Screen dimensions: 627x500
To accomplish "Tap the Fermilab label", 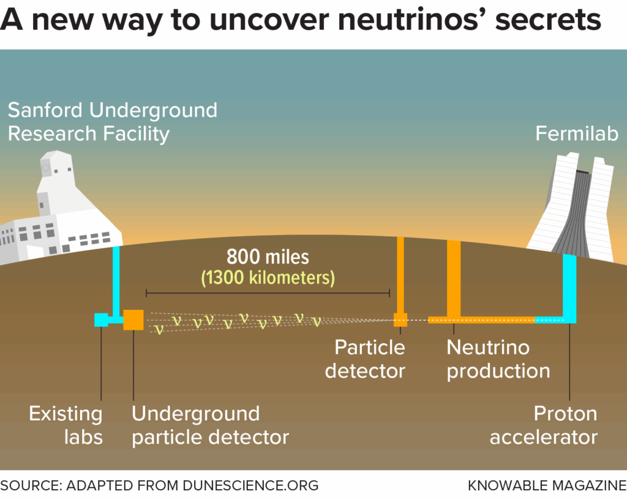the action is pyautogui.click(x=577, y=133).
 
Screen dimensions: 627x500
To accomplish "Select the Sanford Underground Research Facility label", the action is pyautogui.click(x=113, y=122).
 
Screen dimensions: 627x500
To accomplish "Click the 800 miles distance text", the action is pyautogui.click(x=268, y=256).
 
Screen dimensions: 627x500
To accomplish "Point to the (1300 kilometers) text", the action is pyautogui.click(x=268, y=278).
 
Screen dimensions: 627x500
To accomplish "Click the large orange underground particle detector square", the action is pyautogui.click(x=133, y=319).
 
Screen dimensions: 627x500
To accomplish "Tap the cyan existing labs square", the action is pyautogui.click(x=101, y=319).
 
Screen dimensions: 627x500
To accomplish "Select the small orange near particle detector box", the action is pyautogui.click(x=400, y=319).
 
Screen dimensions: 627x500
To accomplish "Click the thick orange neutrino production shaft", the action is pyautogui.click(x=454, y=278).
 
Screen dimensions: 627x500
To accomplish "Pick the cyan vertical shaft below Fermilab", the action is pyautogui.click(x=569, y=288).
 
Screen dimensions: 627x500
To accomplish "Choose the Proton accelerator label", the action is pyautogui.click(x=544, y=425).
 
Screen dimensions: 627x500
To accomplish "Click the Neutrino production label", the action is pyautogui.click(x=498, y=359).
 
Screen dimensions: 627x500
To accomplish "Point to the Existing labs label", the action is pyautogui.click(x=66, y=425).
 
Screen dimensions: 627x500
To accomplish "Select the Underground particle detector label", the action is pyautogui.click(x=211, y=425).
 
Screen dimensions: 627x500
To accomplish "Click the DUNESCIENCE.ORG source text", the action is pyautogui.click(x=250, y=485).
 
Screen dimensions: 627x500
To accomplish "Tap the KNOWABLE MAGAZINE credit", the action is pyautogui.click(x=547, y=485).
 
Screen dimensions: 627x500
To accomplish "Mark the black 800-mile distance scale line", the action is pyautogui.click(x=268, y=293).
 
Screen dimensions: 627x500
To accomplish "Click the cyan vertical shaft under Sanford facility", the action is pyautogui.click(x=116, y=282).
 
